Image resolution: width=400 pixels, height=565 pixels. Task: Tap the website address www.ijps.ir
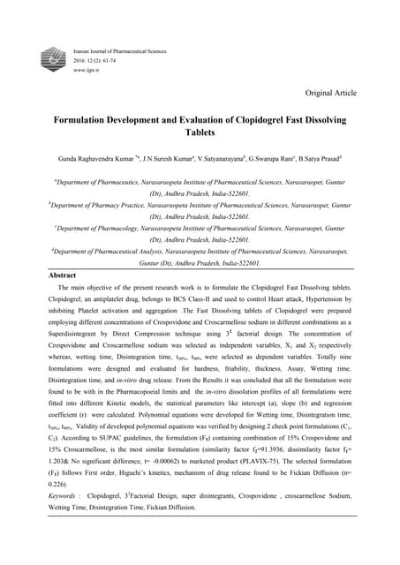(x=88, y=68)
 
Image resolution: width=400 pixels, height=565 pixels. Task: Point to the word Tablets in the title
(x=200, y=135)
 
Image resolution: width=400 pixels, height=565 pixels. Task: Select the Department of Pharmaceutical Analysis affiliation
(x=124, y=252)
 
